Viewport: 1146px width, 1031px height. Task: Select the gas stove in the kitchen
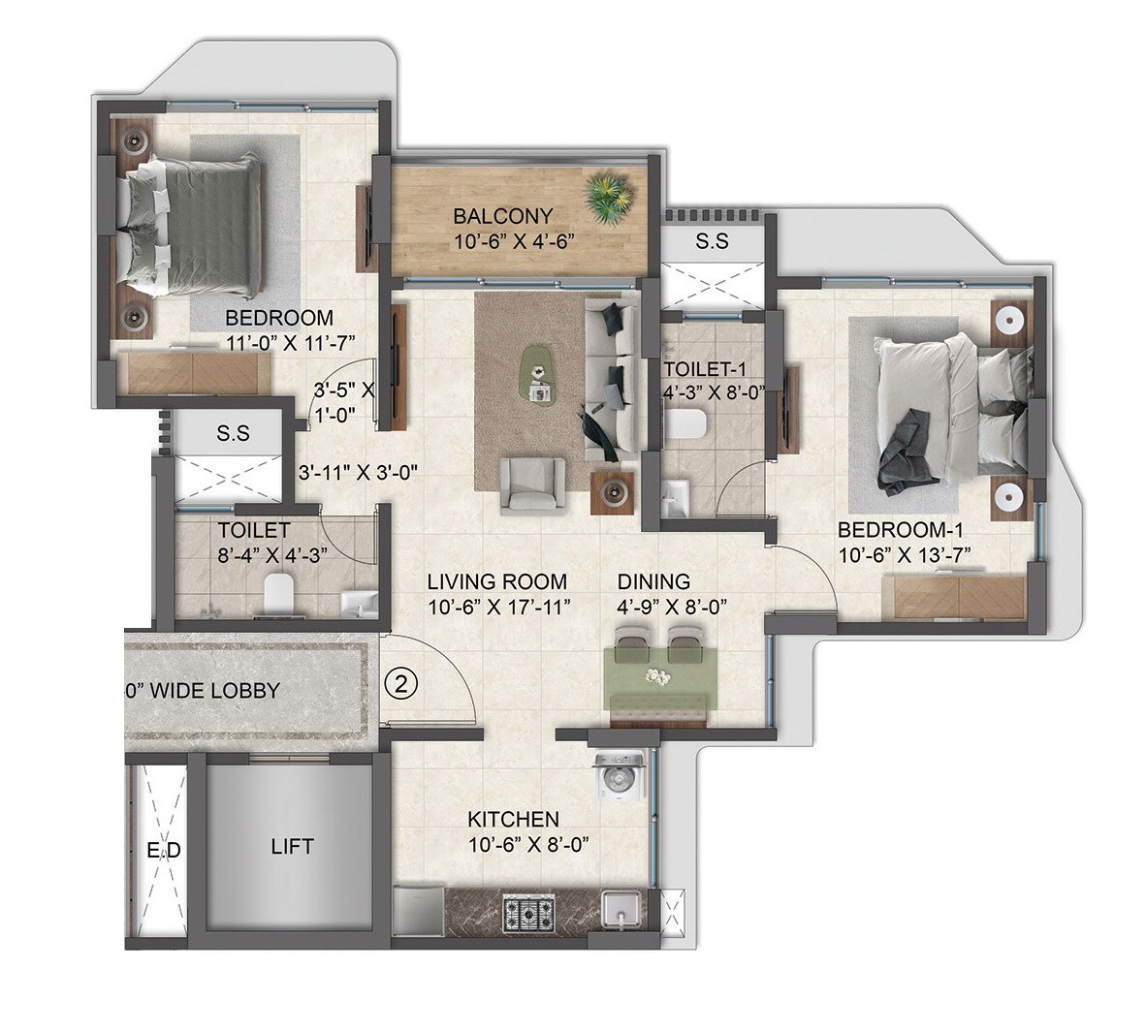coord(528,913)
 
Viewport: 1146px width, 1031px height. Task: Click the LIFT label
coord(292,847)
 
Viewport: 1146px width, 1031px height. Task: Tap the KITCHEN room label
coord(513,820)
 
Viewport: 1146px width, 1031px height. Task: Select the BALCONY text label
coord(502,216)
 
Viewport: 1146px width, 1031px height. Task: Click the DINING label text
coord(654,581)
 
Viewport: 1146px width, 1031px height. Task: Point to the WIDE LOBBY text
coord(206,691)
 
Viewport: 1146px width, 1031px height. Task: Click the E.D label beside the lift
coord(164,851)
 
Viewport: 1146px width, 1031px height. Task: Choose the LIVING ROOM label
coord(497,581)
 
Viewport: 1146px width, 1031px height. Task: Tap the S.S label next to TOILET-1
coord(712,242)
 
